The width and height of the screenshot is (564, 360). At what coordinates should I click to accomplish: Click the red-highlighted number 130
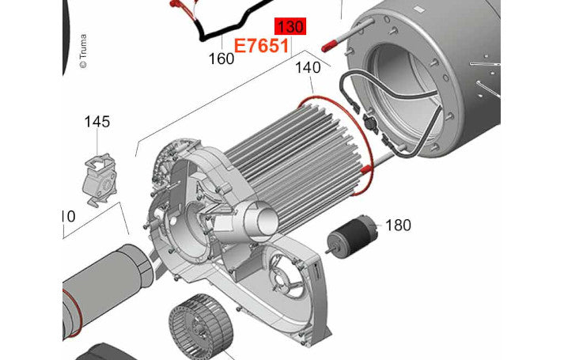click(290, 27)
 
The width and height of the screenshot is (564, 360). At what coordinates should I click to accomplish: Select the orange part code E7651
click(262, 47)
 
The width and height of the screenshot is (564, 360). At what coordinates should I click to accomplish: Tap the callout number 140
click(308, 67)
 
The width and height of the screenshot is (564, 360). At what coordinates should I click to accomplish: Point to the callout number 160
click(221, 59)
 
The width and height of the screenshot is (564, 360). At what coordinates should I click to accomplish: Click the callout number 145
click(97, 122)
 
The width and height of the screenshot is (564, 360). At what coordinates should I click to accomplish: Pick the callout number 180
click(398, 225)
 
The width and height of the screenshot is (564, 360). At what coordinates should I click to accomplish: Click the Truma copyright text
click(83, 51)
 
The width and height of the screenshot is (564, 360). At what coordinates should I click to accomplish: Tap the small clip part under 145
click(100, 180)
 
